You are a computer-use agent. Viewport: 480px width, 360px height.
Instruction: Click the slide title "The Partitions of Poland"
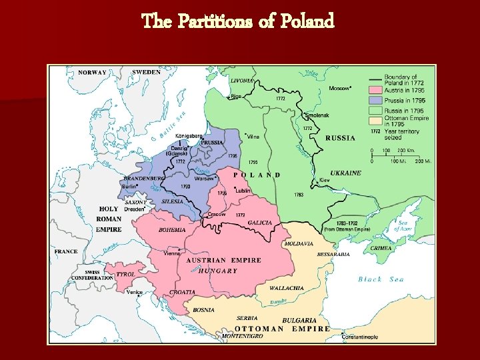pyautogui.click(x=238, y=22)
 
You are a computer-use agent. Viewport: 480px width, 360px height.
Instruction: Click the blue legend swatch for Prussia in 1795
pyautogui.click(x=375, y=100)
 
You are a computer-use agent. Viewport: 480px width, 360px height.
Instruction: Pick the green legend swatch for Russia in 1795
pyautogui.click(x=375, y=110)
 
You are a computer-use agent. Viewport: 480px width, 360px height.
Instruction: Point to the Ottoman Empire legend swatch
pyautogui.click(x=375, y=120)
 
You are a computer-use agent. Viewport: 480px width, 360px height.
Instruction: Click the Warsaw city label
pyautogui.click(x=205, y=179)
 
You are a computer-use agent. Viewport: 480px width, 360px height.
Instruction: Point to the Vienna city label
pyautogui.click(x=172, y=253)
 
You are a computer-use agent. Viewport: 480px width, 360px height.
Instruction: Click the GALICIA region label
pyautogui.click(x=259, y=223)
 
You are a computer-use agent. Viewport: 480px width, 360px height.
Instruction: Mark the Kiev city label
pyautogui.click(x=325, y=180)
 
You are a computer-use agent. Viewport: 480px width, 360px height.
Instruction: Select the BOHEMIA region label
pyautogui.click(x=172, y=230)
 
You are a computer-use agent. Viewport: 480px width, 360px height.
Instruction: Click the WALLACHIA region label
pyautogui.click(x=286, y=288)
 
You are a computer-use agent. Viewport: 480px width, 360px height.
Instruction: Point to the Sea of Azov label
pyautogui.click(x=404, y=226)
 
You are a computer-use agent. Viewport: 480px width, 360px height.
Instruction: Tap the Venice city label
pyautogui.click(x=134, y=292)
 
